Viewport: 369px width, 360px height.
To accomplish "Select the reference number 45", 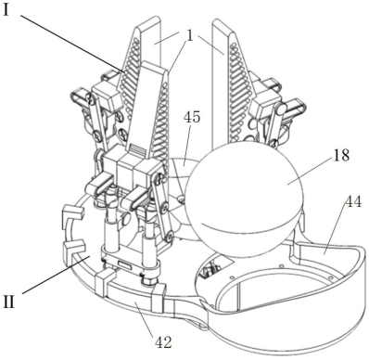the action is [x=192, y=117].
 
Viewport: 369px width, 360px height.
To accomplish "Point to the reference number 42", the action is [x=163, y=342].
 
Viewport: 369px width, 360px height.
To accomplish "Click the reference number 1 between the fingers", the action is [x=189, y=36].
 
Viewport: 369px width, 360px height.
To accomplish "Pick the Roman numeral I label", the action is [x=6, y=10].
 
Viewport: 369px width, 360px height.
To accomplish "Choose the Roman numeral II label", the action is [x=9, y=302].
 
